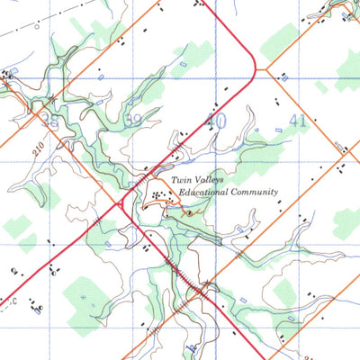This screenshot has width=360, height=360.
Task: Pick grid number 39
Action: [136, 119]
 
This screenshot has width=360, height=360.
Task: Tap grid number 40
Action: [215, 119]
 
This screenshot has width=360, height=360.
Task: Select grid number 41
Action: [299, 119]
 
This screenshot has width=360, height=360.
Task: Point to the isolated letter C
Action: [16, 302]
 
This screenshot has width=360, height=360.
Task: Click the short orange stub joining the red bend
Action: [263, 65]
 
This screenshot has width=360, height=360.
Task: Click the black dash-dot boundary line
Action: [54, 17]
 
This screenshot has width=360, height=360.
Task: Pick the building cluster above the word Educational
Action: [161, 193]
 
